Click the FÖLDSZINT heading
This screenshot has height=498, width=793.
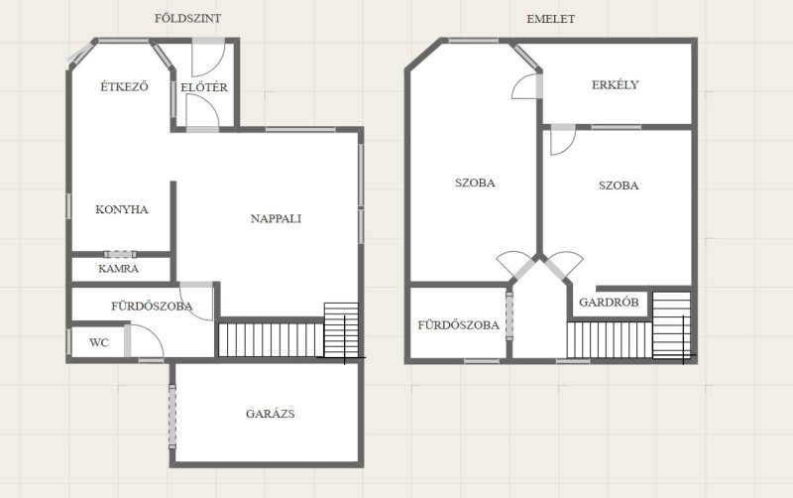pos(187,19)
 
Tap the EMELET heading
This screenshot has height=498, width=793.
pos(551,19)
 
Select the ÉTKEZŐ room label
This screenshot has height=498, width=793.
pos(125,86)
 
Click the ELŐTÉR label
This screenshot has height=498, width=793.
pos(204,87)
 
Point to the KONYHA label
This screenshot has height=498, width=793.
pos(122,209)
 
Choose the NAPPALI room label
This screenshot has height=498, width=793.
pos(277,218)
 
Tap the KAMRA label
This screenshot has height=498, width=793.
pos(118,269)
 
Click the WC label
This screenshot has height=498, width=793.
pos(99,342)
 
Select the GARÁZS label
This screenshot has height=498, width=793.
pos(271,414)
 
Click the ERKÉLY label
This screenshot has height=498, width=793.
pos(616,84)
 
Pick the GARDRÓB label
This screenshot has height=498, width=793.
pos(609,303)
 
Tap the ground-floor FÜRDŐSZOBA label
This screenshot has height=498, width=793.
pos(152,307)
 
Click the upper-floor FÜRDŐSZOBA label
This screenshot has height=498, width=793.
pos(459,325)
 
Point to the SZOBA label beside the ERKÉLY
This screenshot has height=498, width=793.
pos(619,186)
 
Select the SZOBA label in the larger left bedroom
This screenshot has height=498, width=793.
pos(475,183)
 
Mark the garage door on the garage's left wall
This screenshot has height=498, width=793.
pos(172,417)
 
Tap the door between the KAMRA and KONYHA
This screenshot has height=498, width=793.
pos(120,254)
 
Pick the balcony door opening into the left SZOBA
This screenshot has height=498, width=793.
pos(526,86)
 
